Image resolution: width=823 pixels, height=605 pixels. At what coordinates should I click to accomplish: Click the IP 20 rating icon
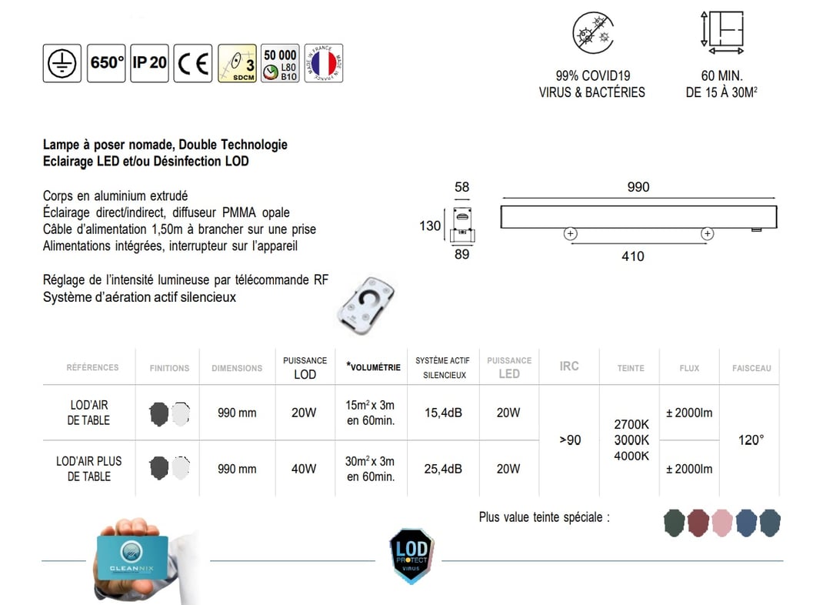(x=149, y=63)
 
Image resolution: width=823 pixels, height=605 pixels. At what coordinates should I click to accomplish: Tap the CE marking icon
(x=193, y=63)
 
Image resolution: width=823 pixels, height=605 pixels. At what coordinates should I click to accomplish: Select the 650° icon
(x=107, y=63)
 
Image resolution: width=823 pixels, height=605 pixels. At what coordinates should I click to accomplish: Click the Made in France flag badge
(x=324, y=63)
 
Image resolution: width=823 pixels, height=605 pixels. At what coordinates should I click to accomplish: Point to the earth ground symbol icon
(x=62, y=63)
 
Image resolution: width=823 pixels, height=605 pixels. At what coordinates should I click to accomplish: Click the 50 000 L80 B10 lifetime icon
(x=280, y=63)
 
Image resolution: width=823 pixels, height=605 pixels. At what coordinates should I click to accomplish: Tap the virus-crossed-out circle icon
(x=591, y=34)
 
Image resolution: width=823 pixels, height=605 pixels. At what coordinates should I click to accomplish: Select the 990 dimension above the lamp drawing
(x=638, y=187)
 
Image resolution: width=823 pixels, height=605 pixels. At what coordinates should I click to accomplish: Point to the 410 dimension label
(x=632, y=256)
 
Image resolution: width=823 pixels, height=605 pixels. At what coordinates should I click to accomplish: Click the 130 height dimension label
(x=430, y=226)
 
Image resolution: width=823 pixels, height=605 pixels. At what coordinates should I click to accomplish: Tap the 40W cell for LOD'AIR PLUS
(x=304, y=469)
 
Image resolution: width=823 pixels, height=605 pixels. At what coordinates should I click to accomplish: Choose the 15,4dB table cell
(x=443, y=413)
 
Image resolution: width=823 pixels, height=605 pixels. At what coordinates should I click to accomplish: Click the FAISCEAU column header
(x=751, y=368)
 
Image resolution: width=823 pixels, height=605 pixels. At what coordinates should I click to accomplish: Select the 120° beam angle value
(x=751, y=440)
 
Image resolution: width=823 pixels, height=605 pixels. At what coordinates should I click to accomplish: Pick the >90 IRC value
(x=569, y=440)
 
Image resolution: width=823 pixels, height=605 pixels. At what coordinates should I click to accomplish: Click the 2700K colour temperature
(x=631, y=425)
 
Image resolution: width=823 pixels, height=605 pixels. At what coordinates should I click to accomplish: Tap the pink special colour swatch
(x=722, y=523)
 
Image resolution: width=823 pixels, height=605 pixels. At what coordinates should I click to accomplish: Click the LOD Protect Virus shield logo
(x=411, y=555)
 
